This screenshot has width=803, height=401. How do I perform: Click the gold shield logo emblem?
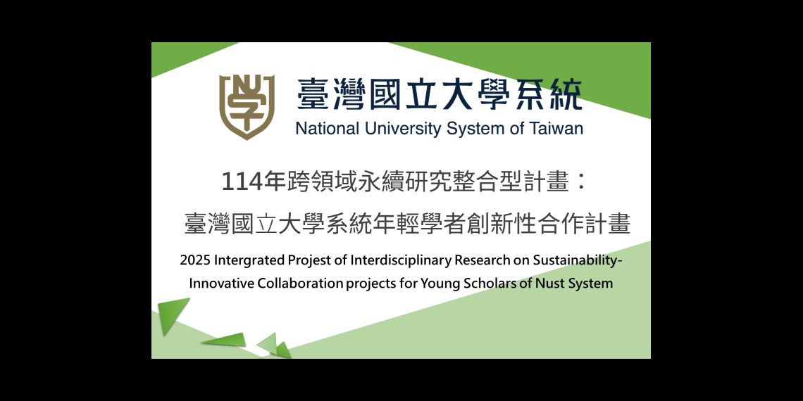point(247,106)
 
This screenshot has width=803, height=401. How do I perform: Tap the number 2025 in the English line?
point(195,260)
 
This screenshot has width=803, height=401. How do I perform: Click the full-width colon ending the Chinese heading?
point(580,184)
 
